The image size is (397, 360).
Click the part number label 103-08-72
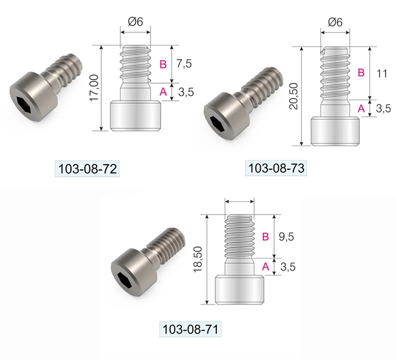87,169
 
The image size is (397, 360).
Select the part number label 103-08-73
276,168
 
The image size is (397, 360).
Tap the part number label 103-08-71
191,329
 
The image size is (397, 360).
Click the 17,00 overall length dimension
94,88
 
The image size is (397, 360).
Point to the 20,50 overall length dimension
294,96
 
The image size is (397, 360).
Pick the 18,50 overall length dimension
198,259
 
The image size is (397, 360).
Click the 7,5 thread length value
184,64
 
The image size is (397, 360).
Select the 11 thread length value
382,74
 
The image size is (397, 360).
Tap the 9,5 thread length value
286,237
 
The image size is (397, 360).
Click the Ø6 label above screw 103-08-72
136,21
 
